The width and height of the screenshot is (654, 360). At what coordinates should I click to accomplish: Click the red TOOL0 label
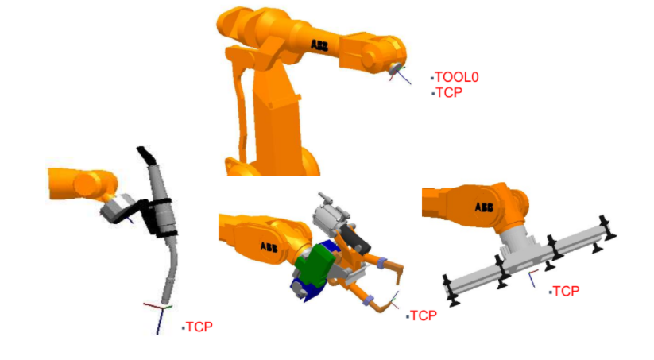(457, 77)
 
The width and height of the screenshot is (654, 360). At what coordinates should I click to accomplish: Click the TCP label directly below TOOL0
(449, 93)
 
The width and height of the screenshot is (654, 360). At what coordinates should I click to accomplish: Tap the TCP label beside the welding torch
(199, 327)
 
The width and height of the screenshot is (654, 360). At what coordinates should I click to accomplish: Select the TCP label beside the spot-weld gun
(424, 315)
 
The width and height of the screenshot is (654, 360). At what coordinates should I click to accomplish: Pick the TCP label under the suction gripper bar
(566, 291)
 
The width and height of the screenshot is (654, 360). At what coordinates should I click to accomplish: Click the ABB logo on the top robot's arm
(319, 45)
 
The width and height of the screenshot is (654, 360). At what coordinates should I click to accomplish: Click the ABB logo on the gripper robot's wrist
(484, 207)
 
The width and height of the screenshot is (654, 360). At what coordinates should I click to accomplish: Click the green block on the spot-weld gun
(315, 265)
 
